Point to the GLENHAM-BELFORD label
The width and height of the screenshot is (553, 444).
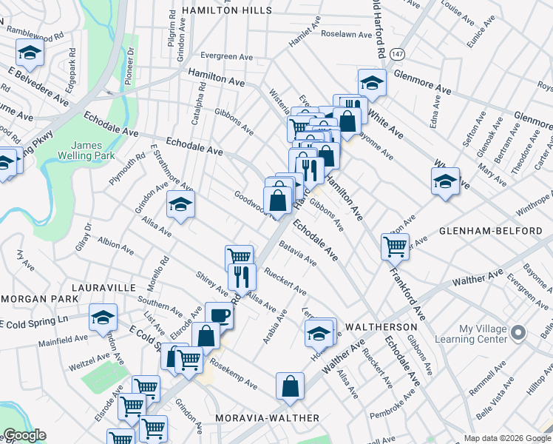click(491, 231)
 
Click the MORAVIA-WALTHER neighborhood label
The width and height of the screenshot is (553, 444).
click(267, 418)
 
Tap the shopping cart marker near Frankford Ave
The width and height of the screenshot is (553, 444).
click(395, 246)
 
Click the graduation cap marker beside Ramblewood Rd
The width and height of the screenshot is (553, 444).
click(30, 52)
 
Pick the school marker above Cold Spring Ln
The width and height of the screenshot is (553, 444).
click(103, 317)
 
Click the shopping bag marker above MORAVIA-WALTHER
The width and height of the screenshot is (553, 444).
click(291, 386)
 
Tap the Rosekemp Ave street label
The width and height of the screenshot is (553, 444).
click(234, 374)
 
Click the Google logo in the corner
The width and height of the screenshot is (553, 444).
click(24, 436)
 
